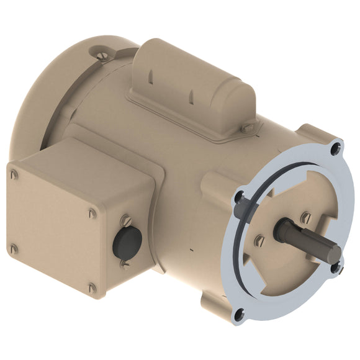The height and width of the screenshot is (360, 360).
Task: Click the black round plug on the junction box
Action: coord(127,241)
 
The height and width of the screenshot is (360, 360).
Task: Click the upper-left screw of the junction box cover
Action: coord(14,174)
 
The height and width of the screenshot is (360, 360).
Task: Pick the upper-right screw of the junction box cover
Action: coord(92,213)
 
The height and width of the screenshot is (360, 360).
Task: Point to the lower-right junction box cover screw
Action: coord(92,288)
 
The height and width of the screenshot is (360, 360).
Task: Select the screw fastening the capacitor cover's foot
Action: coord(247,127)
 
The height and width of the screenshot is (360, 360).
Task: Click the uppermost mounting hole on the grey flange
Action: coord(335,148)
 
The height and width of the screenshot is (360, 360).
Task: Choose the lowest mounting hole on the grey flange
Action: coord(239,314)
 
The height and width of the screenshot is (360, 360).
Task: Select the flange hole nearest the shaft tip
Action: coord(336,268)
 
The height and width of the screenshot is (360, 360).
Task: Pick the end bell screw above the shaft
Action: coord(305,218)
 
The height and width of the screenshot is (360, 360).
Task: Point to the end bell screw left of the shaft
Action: coord(260,240)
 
